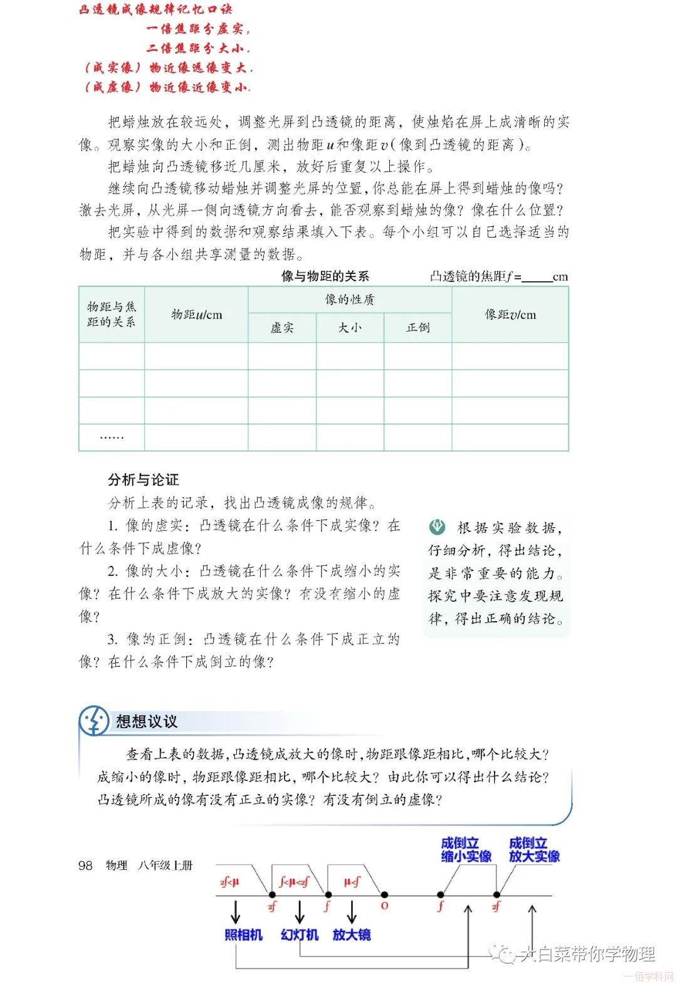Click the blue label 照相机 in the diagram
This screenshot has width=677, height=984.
click(x=243, y=935)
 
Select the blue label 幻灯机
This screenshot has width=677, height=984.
click(x=300, y=935)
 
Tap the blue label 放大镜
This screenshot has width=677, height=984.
click(x=352, y=935)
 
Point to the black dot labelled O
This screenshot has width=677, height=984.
click(x=384, y=895)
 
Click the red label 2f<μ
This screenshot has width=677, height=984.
click(x=230, y=883)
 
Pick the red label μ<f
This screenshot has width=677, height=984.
click(x=352, y=883)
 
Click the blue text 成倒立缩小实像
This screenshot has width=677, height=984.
click(x=466, y=850)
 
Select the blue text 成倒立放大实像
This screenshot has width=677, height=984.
click(x=534, y=850)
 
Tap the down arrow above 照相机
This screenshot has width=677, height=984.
click(x=236, y=913)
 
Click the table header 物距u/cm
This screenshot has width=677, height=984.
click(x=196, y=315)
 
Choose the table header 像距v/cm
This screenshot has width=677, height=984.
click(x=510, y=315)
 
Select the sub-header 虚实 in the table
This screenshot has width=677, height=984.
click(x=282, y=328)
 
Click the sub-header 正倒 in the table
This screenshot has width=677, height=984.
click(x=418, y=328)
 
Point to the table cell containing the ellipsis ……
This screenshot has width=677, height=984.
click(x=112, y=437)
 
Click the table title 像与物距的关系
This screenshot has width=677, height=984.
click(x=325, y=276)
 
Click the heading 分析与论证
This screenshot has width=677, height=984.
click(x=144, y=480)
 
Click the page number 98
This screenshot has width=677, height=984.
click(x=85, y=866)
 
